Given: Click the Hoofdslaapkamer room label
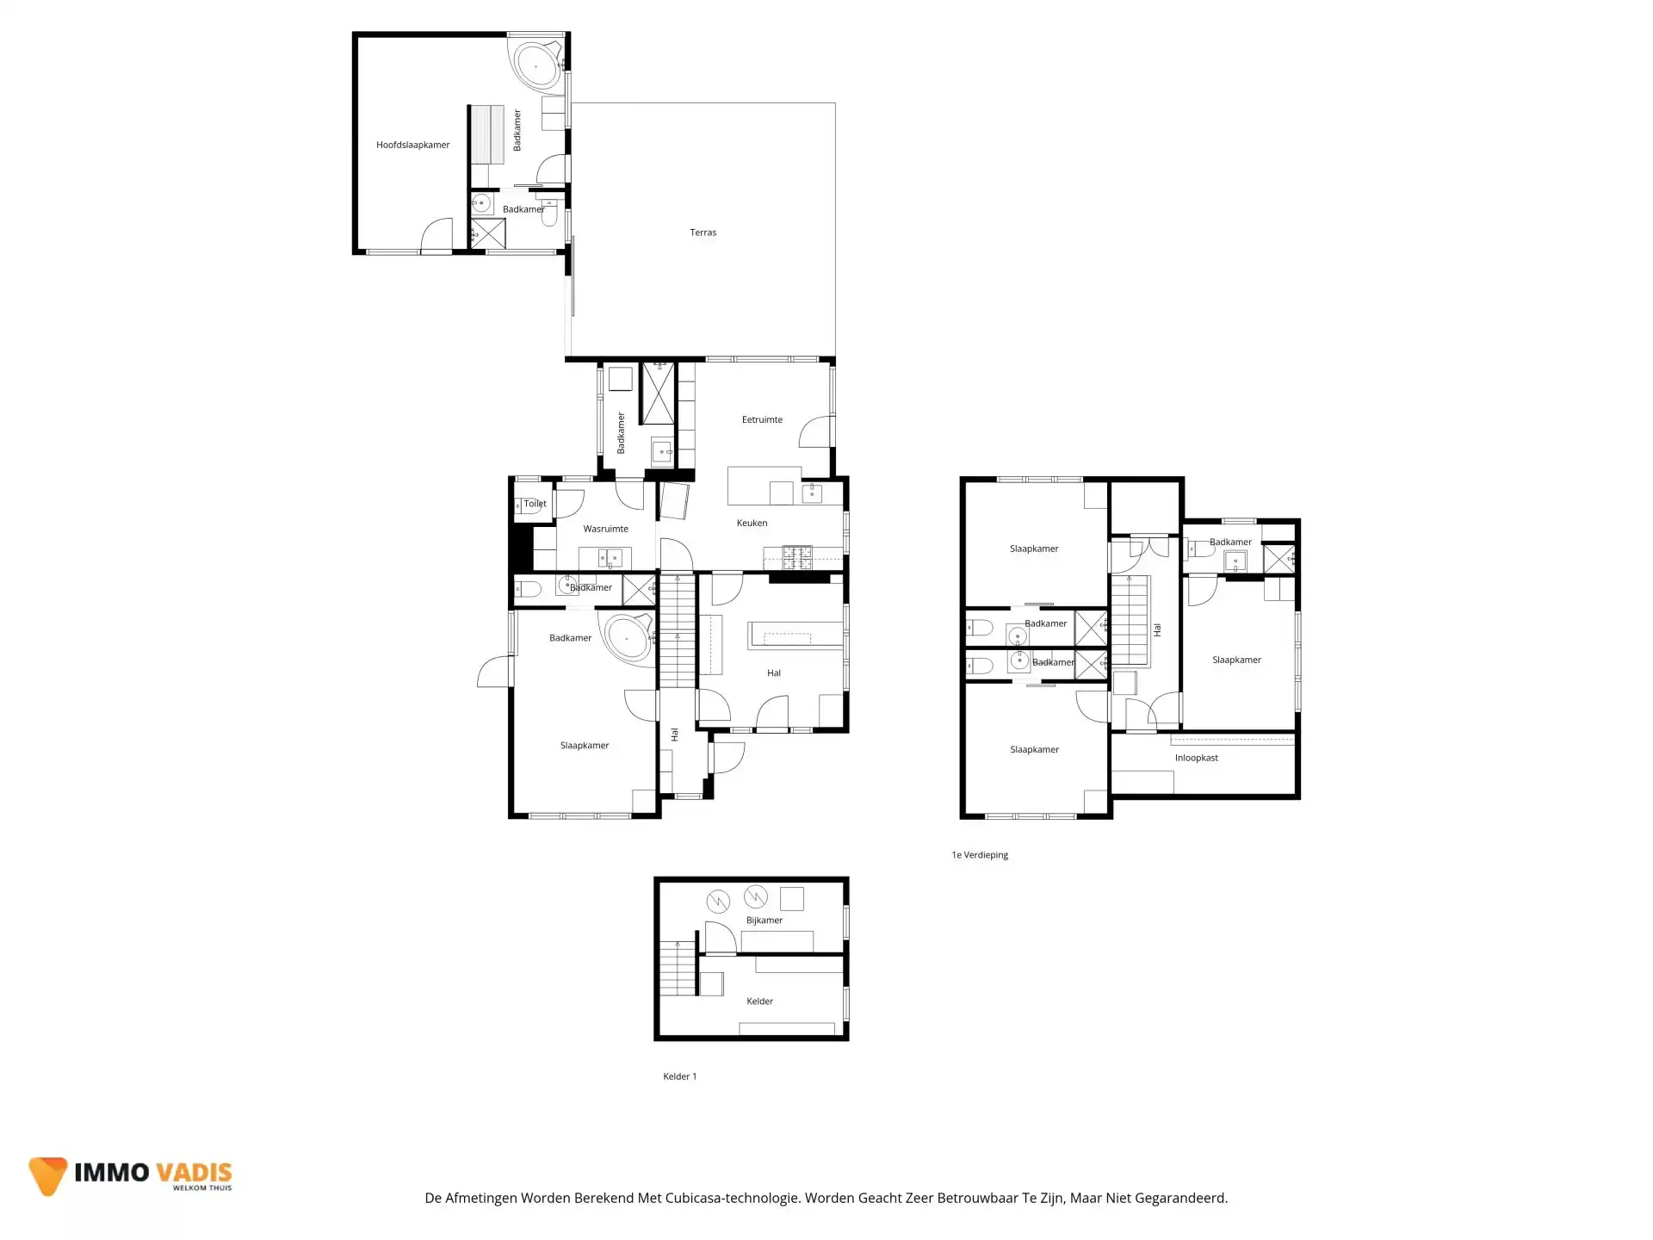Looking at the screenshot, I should coord(412,145).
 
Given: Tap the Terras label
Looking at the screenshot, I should coord(703,232).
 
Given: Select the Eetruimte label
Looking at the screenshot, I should coord(762,420).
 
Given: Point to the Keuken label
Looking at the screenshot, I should coord(752,523).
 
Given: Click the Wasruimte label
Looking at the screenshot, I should coord(605,529).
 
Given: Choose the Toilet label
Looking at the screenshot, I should coord(535,504).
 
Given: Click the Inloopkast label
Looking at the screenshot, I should coord(1196,758).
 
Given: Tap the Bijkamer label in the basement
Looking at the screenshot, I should coord(764,921).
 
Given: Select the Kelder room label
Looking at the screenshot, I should coord(759,1001).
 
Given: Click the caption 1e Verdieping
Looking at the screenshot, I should coord(980,855).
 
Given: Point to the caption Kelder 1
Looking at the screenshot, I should coord(679,1076).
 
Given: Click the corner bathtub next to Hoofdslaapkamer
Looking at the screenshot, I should coord(537,65).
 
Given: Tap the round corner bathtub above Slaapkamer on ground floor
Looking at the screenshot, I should coord(628,638).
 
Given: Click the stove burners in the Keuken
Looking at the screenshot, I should coord(796,556).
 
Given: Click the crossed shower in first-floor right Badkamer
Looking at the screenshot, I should coord(1278,559).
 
